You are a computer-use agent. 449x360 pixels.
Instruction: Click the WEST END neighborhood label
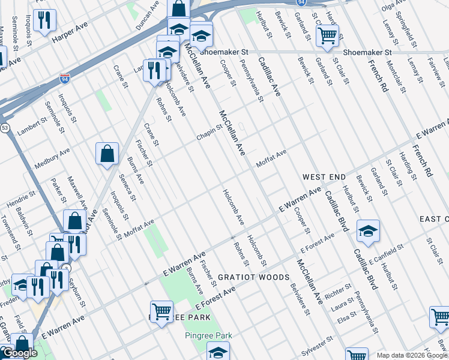[324, 177]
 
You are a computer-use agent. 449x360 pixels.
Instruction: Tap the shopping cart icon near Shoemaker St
[327, 35]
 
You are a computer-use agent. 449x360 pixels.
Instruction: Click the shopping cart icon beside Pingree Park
[161, 311]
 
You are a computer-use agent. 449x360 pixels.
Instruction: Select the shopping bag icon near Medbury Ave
[107, 153]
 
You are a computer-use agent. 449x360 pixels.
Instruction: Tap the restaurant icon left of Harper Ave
[44, 20]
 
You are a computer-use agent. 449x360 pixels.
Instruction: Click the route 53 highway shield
[5, 128]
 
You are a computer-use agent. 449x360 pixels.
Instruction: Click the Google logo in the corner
[20, 353]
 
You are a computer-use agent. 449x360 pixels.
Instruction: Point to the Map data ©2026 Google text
[412, 355]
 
